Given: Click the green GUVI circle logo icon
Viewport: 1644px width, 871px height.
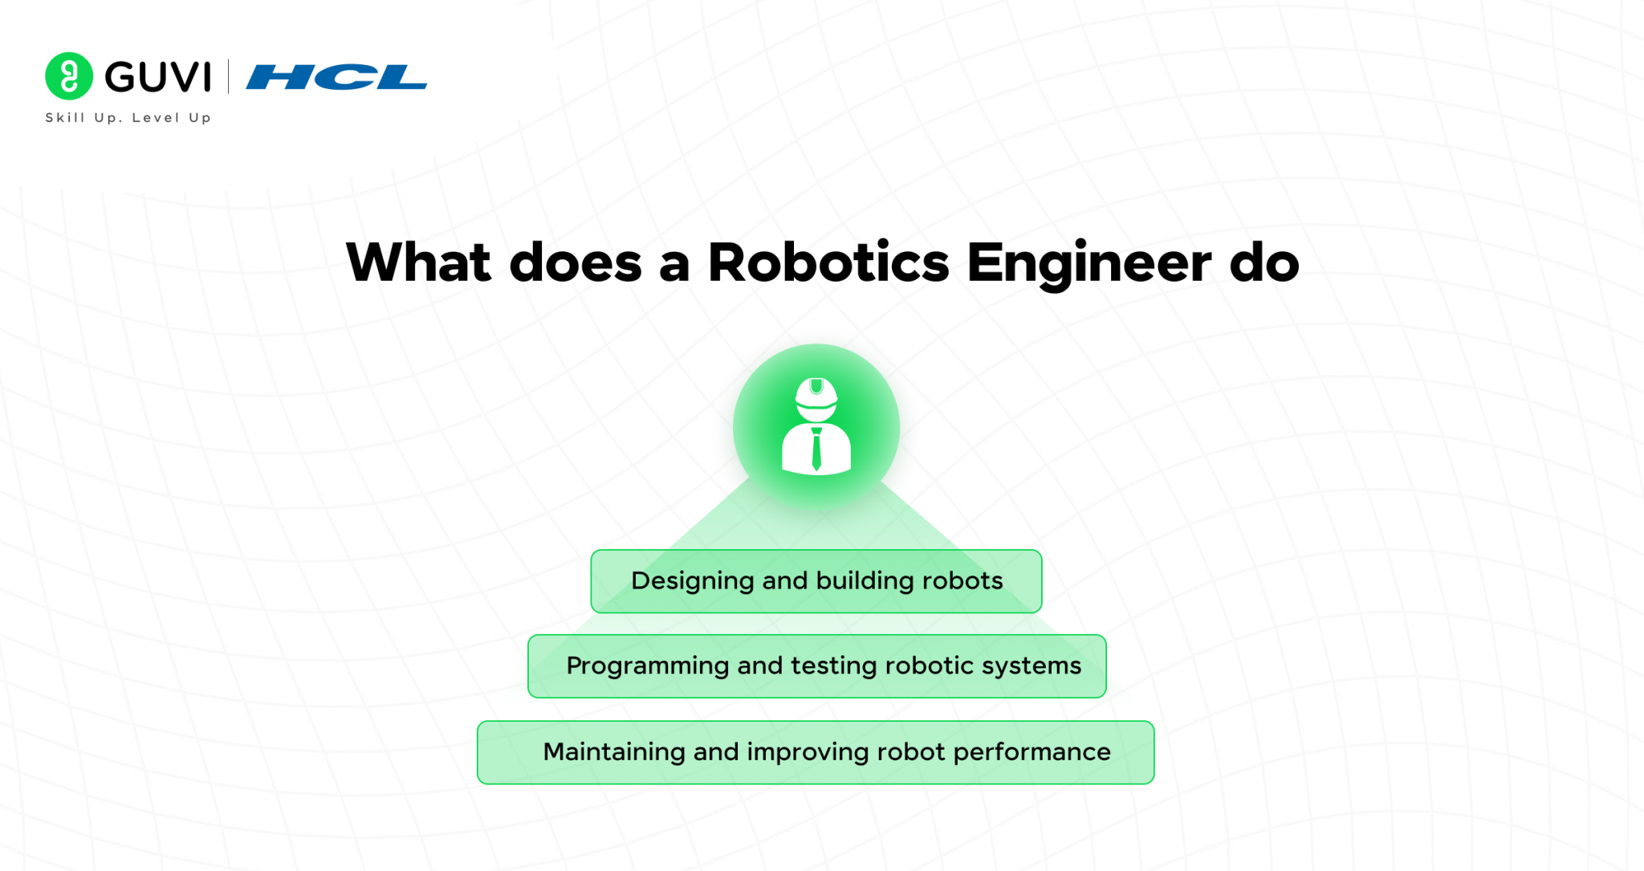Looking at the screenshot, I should tap(69, 76).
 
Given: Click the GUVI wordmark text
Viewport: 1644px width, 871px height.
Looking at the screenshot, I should tap(158, 77).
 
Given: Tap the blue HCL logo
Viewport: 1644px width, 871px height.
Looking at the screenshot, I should tap(336, 77).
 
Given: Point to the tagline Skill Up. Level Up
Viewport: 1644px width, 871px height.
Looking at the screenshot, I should tap(128, 117).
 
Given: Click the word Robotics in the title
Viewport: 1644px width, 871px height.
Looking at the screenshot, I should tap(828, 263).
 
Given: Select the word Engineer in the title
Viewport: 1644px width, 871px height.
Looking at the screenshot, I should tap(1089, 264).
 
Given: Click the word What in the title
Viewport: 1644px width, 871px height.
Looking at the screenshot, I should tap(418, 263).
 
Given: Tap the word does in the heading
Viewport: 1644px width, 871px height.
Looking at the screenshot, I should tap(576, 263).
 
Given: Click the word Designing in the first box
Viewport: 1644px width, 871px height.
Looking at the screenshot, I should tap(692, 581).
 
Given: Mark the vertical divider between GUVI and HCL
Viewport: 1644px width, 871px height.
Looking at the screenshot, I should tap(229, 76).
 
